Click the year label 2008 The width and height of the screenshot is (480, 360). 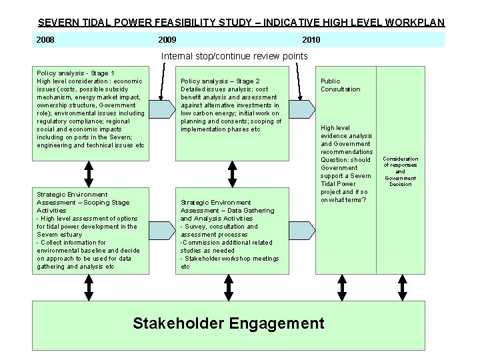click(x=45, y=40)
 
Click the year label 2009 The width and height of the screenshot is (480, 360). click(x=167, y=40)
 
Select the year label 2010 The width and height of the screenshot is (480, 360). click(x=311, y=40)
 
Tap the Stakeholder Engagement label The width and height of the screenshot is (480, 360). click(x=228, y=324)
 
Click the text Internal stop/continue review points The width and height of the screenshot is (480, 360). click(x=235, y=56)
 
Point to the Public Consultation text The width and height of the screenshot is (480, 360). click(x=340, y=85)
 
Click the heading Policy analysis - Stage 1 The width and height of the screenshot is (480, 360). click(x=75, y=73)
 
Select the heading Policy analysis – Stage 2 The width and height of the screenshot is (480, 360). click(x=220, y=81)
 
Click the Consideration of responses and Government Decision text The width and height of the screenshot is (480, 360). click(x=401, y=171)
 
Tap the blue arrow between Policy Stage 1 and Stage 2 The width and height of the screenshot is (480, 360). click(x=163, y=108)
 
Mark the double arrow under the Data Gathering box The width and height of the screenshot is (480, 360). click(x=232, y=287)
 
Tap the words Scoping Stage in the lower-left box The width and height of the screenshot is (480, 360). click(x=106, y=203)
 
